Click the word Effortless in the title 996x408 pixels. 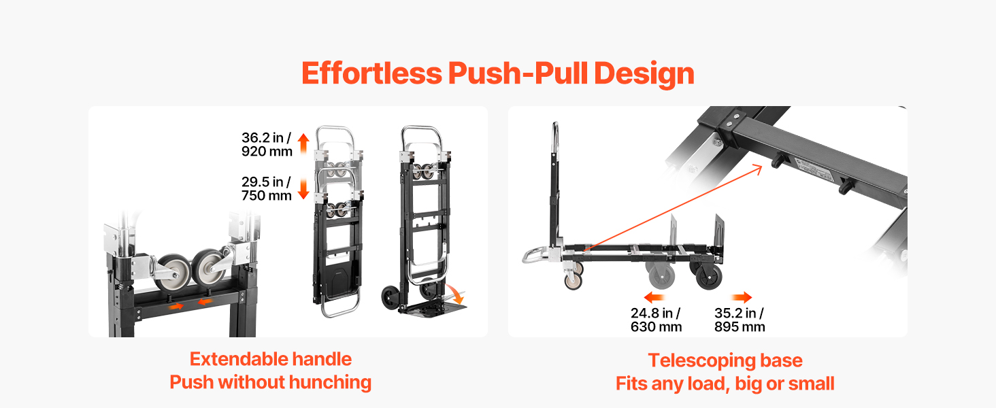pyautogui.click(x=371, y=73)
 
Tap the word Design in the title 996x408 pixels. pyautogui.click(x=644, y=75)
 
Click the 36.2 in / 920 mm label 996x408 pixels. pyautogui.click(x=267, y=144)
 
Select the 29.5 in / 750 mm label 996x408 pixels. pyautogui.click(x=266, y=188)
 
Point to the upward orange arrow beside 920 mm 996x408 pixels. pyautogui.click(x=303, y=143)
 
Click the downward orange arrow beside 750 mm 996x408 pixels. pyautogui.click(x=303, y=189)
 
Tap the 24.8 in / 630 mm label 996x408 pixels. pyautogui.click(x=656, y=320)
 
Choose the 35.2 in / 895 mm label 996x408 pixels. pyautogui.click(x=740, y=320)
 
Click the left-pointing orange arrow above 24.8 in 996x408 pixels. pyautogui.click(x=654, y=297)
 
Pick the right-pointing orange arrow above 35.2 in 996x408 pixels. pyautogui.click(x=742, y=297)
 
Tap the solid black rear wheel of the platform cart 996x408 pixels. pyautogui.click(x=708, y=276)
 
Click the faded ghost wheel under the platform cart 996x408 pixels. pyautogui.click(x=662, y=275)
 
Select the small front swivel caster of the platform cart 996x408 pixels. pyautogui.click(x=573, y=281)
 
